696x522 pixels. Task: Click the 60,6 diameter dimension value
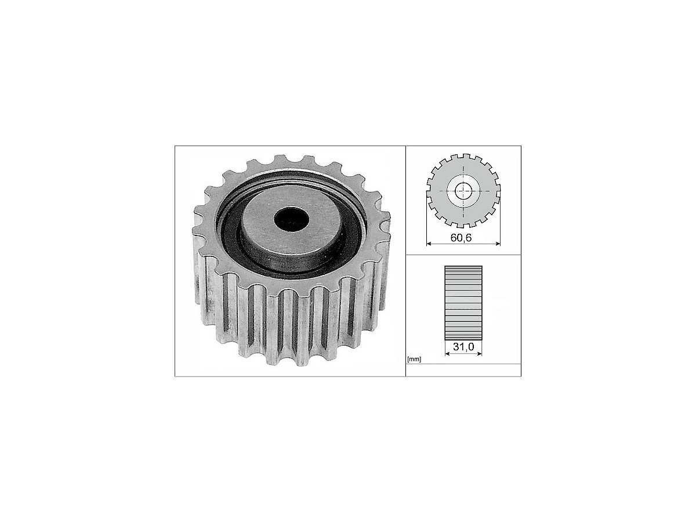click(x=461, y=238)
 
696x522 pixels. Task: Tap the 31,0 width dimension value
click(x=463, y=347)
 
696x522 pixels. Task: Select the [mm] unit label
click(x=414, y=360)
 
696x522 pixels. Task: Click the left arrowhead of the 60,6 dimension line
click(x=429, y=244)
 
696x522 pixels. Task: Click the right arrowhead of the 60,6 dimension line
click(x=497, y=244)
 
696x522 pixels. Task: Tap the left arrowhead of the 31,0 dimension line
click(x=447, y=353)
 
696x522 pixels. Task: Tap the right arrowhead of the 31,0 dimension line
click(x=479, y=353)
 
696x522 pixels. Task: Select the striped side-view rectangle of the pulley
click(x=463, y=303)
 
